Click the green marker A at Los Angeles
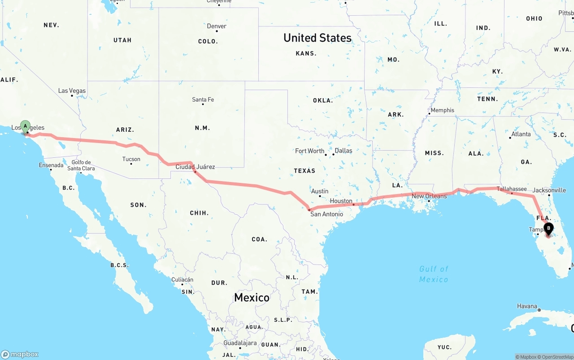point(26,126)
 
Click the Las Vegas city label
point(72,91)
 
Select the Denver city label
point(217,26)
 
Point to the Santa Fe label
point(203,100)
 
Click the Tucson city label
point(131,159)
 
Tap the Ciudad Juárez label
point(195,167)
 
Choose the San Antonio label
point(326,214)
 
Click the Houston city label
point(341,201)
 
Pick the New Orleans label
point(429,196)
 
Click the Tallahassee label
point(512,189)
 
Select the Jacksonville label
point(549,190)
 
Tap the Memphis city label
point(442,110)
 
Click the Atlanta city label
point(521,134)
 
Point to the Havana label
point(527,306)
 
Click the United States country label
point(317,38)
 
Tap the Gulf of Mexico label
point(434,274)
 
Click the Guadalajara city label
point(240,343)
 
